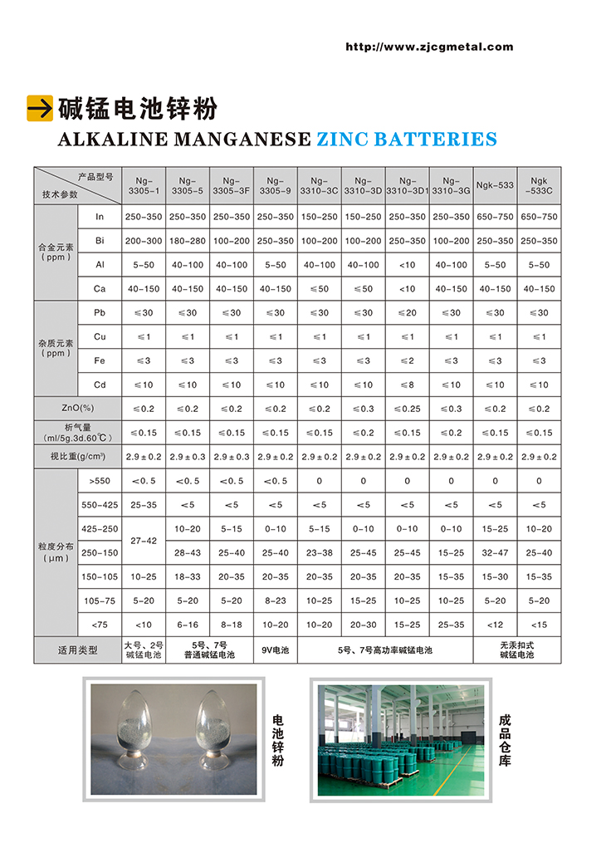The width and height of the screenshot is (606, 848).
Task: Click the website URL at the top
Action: coord(429,47)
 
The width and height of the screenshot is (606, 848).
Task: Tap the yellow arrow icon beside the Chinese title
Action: coord(39,108)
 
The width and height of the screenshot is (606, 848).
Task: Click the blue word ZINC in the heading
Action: coord(342,140)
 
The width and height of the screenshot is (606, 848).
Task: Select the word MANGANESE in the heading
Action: coord(242,140)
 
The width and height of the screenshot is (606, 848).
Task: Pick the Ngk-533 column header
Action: coord(495,185)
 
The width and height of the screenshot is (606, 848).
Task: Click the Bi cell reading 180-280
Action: coord(187,240)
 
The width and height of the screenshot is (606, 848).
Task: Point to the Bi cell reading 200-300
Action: coord(143,240)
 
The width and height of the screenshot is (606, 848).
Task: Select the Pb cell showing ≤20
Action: coord(407,312)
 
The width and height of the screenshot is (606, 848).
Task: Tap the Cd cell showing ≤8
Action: coord(407,385)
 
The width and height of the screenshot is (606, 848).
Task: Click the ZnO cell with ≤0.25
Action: coord(407,409)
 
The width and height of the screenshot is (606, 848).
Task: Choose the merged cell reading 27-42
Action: coord(143,540)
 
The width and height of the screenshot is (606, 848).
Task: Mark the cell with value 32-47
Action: coord(495,552)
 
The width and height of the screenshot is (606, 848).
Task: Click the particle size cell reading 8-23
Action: coord(275,600)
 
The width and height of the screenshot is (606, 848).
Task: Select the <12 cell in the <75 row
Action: coord(495,625)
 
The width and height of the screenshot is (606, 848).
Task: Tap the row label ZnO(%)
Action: coord(76,409)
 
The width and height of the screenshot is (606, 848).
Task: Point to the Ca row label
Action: coord(99,288)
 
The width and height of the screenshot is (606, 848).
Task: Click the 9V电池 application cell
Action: coord(275,649)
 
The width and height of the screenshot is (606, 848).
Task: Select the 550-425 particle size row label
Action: coord(99,505)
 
